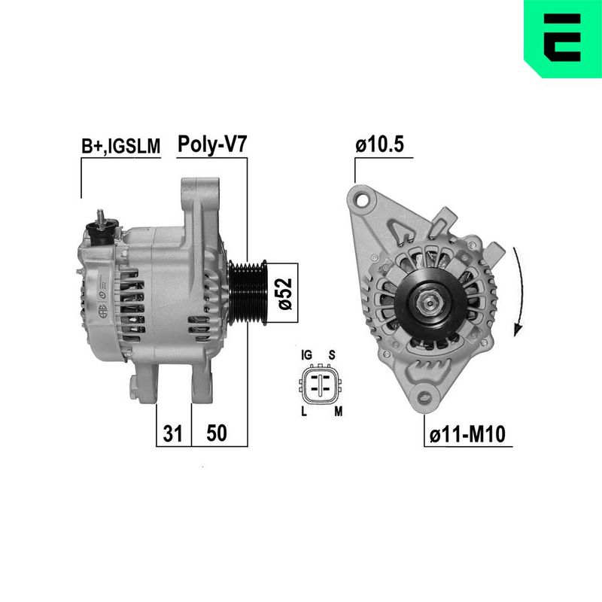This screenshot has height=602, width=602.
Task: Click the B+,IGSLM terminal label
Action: click(120, 146)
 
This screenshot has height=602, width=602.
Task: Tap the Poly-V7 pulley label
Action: click(212, 144)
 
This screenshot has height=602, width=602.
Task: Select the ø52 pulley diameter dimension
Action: click(286, 293)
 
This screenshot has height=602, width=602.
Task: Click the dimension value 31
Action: click(173, 433)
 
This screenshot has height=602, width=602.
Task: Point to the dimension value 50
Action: click(217, 433)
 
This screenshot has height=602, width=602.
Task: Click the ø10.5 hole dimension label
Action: click(380, 144)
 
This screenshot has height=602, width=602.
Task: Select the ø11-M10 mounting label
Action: click(467, 434)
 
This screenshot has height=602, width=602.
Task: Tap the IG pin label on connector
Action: click(306, 355)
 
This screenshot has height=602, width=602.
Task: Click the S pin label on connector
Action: click(332, 355)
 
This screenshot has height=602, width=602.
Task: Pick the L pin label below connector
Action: click(304, 412)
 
